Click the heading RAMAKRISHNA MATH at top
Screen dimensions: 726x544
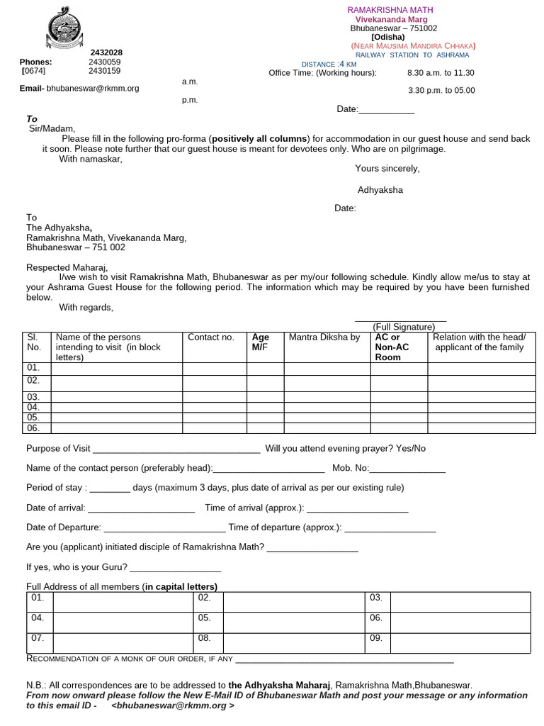coord(390,10)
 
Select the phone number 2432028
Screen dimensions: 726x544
coord(106,52)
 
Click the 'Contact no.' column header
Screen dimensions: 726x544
coord(210,337)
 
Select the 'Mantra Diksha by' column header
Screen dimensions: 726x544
coord(324,337)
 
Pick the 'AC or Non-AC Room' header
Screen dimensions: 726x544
coord(393,347)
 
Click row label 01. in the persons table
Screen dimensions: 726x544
coord(33,368)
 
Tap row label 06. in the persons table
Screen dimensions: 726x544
coord(33,428)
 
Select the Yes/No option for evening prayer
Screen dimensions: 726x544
coord(410,449)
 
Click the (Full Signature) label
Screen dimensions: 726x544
coord(403,327)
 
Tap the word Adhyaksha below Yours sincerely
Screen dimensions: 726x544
coord(380,190)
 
